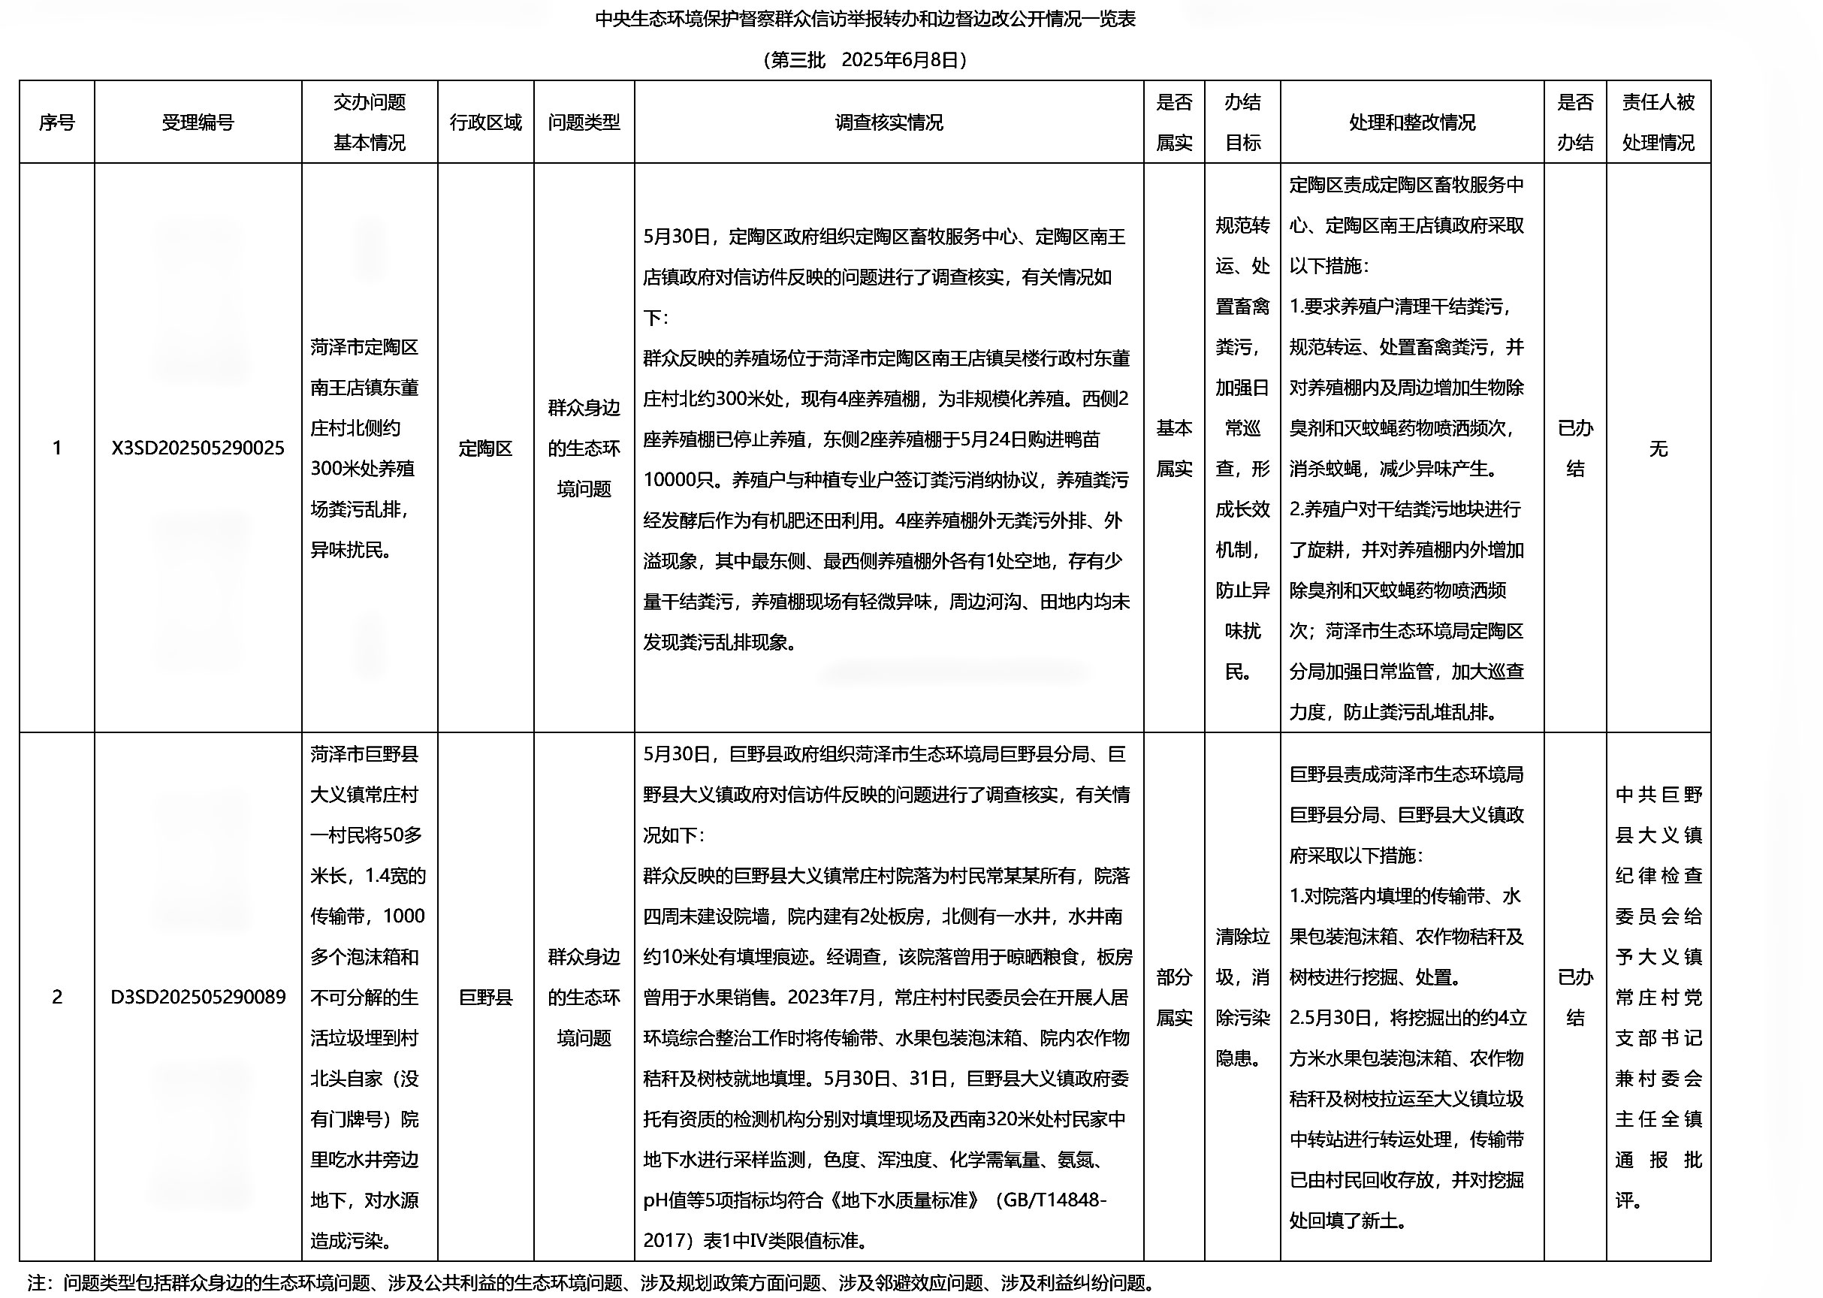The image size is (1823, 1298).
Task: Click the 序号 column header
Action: tap(57, 122)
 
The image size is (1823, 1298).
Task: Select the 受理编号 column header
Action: tap(198, 122)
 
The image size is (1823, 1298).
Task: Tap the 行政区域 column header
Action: tap(485, 122)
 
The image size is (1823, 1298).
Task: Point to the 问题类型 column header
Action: tap(584, 122)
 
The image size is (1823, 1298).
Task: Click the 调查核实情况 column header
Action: tap(889, 122)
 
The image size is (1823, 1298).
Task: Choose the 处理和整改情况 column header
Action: tap(1411, 122)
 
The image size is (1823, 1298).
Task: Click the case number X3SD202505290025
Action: tap(198, 448)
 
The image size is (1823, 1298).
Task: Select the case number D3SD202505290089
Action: tap(198, 998)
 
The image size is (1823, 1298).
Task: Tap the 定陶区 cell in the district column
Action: tap(485, 448)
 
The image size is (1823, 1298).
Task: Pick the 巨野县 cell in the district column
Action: tap(485, 998)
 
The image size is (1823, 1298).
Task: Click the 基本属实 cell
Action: tap(1173, 448)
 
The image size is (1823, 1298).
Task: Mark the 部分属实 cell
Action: tap(1173, 998)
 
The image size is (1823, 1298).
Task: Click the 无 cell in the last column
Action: tap(1658, 449)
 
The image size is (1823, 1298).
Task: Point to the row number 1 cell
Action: tap(57, 448)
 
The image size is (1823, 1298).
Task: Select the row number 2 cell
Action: tap(57, 998)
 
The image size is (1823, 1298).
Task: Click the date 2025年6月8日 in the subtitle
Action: tap(899, 60)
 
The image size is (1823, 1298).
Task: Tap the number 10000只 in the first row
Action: tap(678, 480)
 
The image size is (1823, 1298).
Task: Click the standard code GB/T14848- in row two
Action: tap(1053, 1200)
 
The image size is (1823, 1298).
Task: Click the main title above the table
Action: tap(865, 20)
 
